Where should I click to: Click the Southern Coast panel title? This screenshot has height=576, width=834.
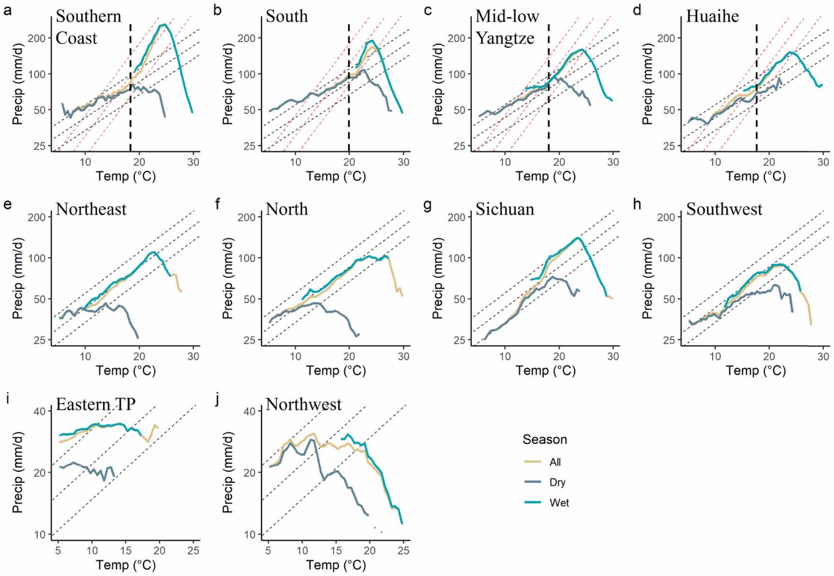tap(88, 27)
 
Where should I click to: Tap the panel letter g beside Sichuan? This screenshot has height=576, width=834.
tap(427, 205)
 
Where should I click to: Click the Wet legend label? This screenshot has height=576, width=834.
tap(559, 503)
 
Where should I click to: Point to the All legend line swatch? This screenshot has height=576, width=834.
tap(533, 462)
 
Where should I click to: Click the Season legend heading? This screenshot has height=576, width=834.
tap(544, 439)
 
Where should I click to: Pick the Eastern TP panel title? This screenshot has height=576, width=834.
tap(96, 404)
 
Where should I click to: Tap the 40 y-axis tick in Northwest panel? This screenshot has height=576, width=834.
tap(249, 411)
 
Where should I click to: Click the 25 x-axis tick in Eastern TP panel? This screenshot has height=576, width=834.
tap(193, 550)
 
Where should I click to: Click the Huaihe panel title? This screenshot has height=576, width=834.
tap(712, 16)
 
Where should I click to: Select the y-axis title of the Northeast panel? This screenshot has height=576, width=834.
tap(18, 278)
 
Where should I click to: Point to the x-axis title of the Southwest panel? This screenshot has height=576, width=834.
tap(755, 370)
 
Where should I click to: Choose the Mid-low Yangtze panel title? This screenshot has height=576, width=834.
tap(507, 27)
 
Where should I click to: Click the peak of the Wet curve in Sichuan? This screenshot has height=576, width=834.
tap(577, 238)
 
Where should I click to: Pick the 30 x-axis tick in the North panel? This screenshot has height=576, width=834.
tap(403, 356)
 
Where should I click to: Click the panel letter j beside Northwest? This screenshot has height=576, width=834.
tap(218, 399)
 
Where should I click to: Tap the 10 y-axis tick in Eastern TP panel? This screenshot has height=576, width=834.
tap(40, 534)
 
